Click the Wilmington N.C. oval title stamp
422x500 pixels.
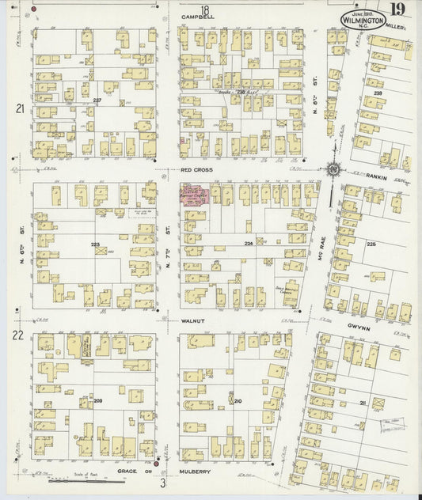363,20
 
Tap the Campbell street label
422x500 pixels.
197,16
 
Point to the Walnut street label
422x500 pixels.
193,320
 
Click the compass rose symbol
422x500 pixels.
333,169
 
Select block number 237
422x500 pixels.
97,100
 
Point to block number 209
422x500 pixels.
98,401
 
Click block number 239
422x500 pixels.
378,94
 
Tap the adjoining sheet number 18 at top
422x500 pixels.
204,8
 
